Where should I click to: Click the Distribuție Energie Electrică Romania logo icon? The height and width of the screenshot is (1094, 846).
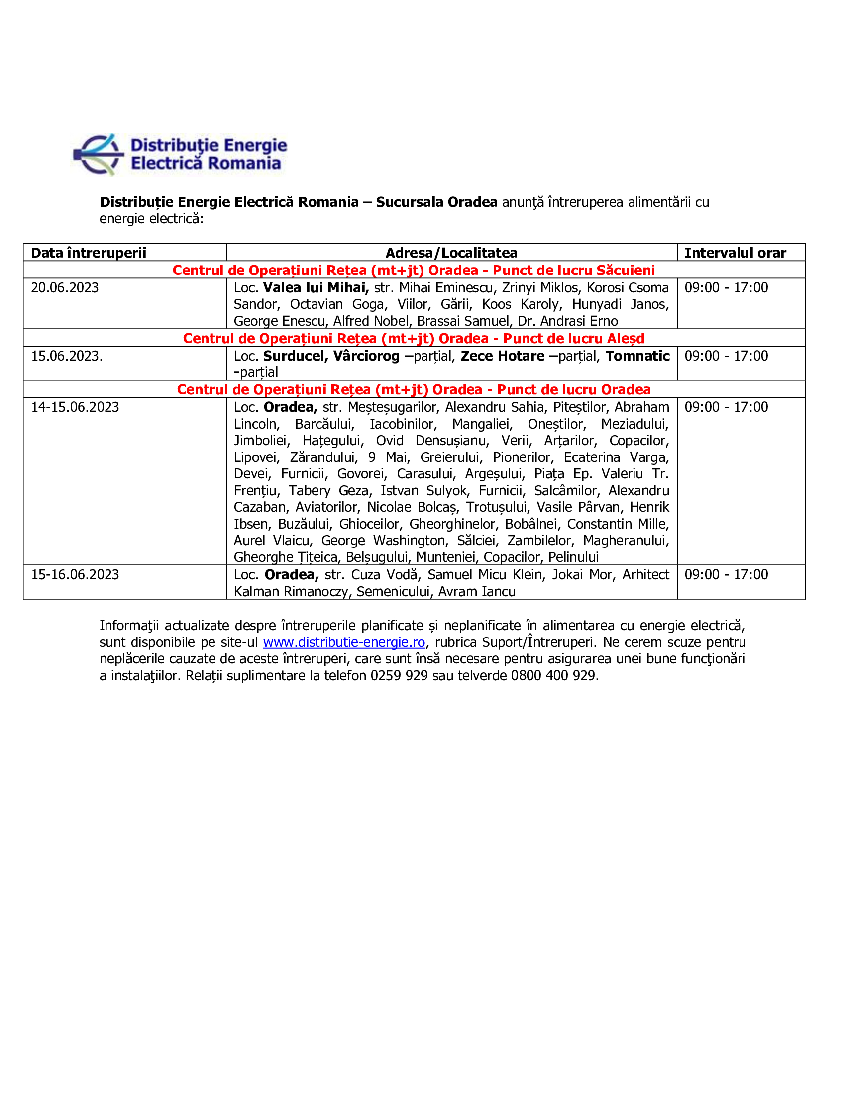[98, 155]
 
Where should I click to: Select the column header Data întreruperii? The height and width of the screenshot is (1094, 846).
[89, 253]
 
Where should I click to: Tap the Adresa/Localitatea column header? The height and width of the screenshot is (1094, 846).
[451, 253]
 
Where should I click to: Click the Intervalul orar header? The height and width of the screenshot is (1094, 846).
[735, 253]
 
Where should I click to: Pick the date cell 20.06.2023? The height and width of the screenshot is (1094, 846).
[65, 287]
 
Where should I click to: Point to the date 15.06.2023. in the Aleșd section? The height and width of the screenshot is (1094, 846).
[67, 356]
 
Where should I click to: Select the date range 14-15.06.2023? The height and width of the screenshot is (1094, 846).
[75, 407]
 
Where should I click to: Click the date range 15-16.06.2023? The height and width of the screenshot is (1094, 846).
[75, 574]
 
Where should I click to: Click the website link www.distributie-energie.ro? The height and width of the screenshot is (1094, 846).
[344, 642]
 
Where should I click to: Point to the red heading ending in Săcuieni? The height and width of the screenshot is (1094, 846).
[414, 270]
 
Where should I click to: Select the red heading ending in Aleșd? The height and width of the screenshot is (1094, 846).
[414, 338]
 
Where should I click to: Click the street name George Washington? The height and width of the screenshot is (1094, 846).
[383, 541]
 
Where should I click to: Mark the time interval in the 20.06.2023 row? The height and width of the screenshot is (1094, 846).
[726, 287]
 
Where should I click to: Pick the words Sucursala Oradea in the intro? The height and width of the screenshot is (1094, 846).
[436, 202]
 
